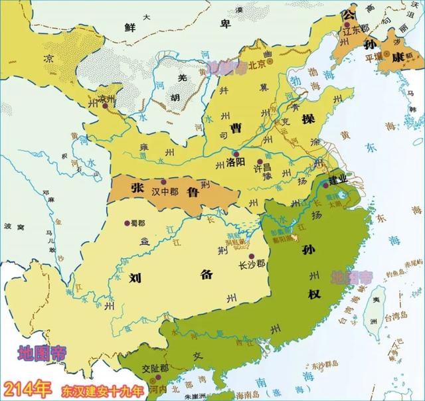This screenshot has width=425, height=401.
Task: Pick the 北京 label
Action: click(x=256, y=64)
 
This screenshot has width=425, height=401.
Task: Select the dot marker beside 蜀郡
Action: click(x=127, y=223)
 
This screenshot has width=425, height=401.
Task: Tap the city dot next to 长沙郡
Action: click(x=251, y=256)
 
